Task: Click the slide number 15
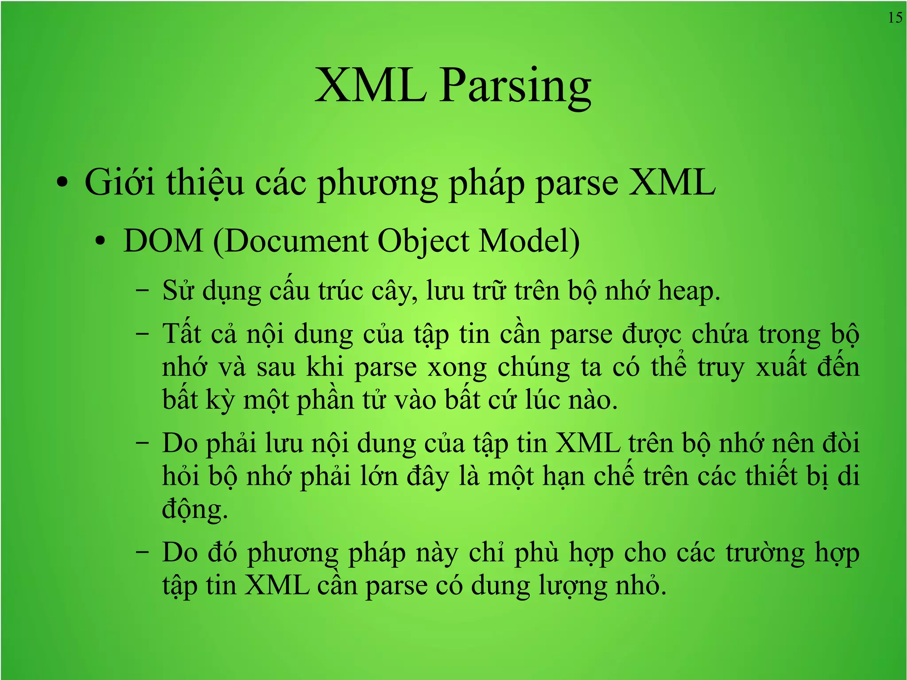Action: click(895, 18)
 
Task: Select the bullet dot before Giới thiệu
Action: click(62, 183)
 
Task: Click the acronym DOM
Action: click(163, 241)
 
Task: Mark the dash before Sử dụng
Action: click(143, 291)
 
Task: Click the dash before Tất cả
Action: click(143, 334)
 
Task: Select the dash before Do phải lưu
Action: click(143, 443)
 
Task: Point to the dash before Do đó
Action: click(143, 553)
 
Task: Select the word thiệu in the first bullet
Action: click(205, 183)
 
